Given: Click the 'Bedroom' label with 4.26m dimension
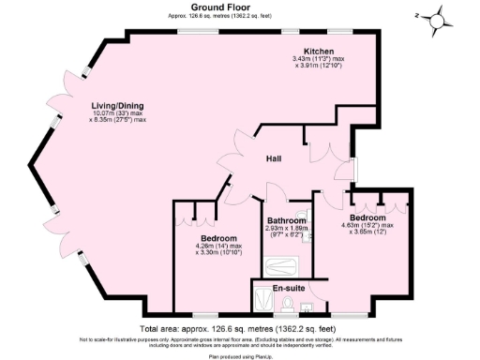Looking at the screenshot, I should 213,237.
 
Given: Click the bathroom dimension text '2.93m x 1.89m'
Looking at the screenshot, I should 284,229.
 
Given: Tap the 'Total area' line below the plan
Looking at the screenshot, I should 228,329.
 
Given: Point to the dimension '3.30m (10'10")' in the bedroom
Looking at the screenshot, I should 218,252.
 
